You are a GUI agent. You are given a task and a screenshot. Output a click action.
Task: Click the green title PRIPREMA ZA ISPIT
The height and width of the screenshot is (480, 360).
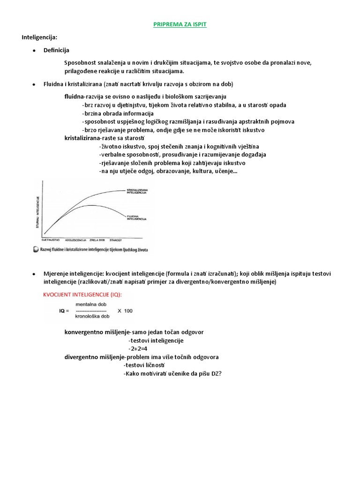click(x=180, y=24)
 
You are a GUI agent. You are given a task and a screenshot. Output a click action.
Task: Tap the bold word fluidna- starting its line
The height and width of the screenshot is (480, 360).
click(x=75, y=97)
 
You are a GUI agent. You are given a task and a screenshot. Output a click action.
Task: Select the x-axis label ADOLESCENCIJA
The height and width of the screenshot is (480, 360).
click(x=77, y=240)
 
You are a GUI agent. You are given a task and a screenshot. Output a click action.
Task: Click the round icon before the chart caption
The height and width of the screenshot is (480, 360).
click(x=36, y=250)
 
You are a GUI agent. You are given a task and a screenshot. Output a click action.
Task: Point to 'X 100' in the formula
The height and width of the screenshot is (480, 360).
click(x=125, y=310)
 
